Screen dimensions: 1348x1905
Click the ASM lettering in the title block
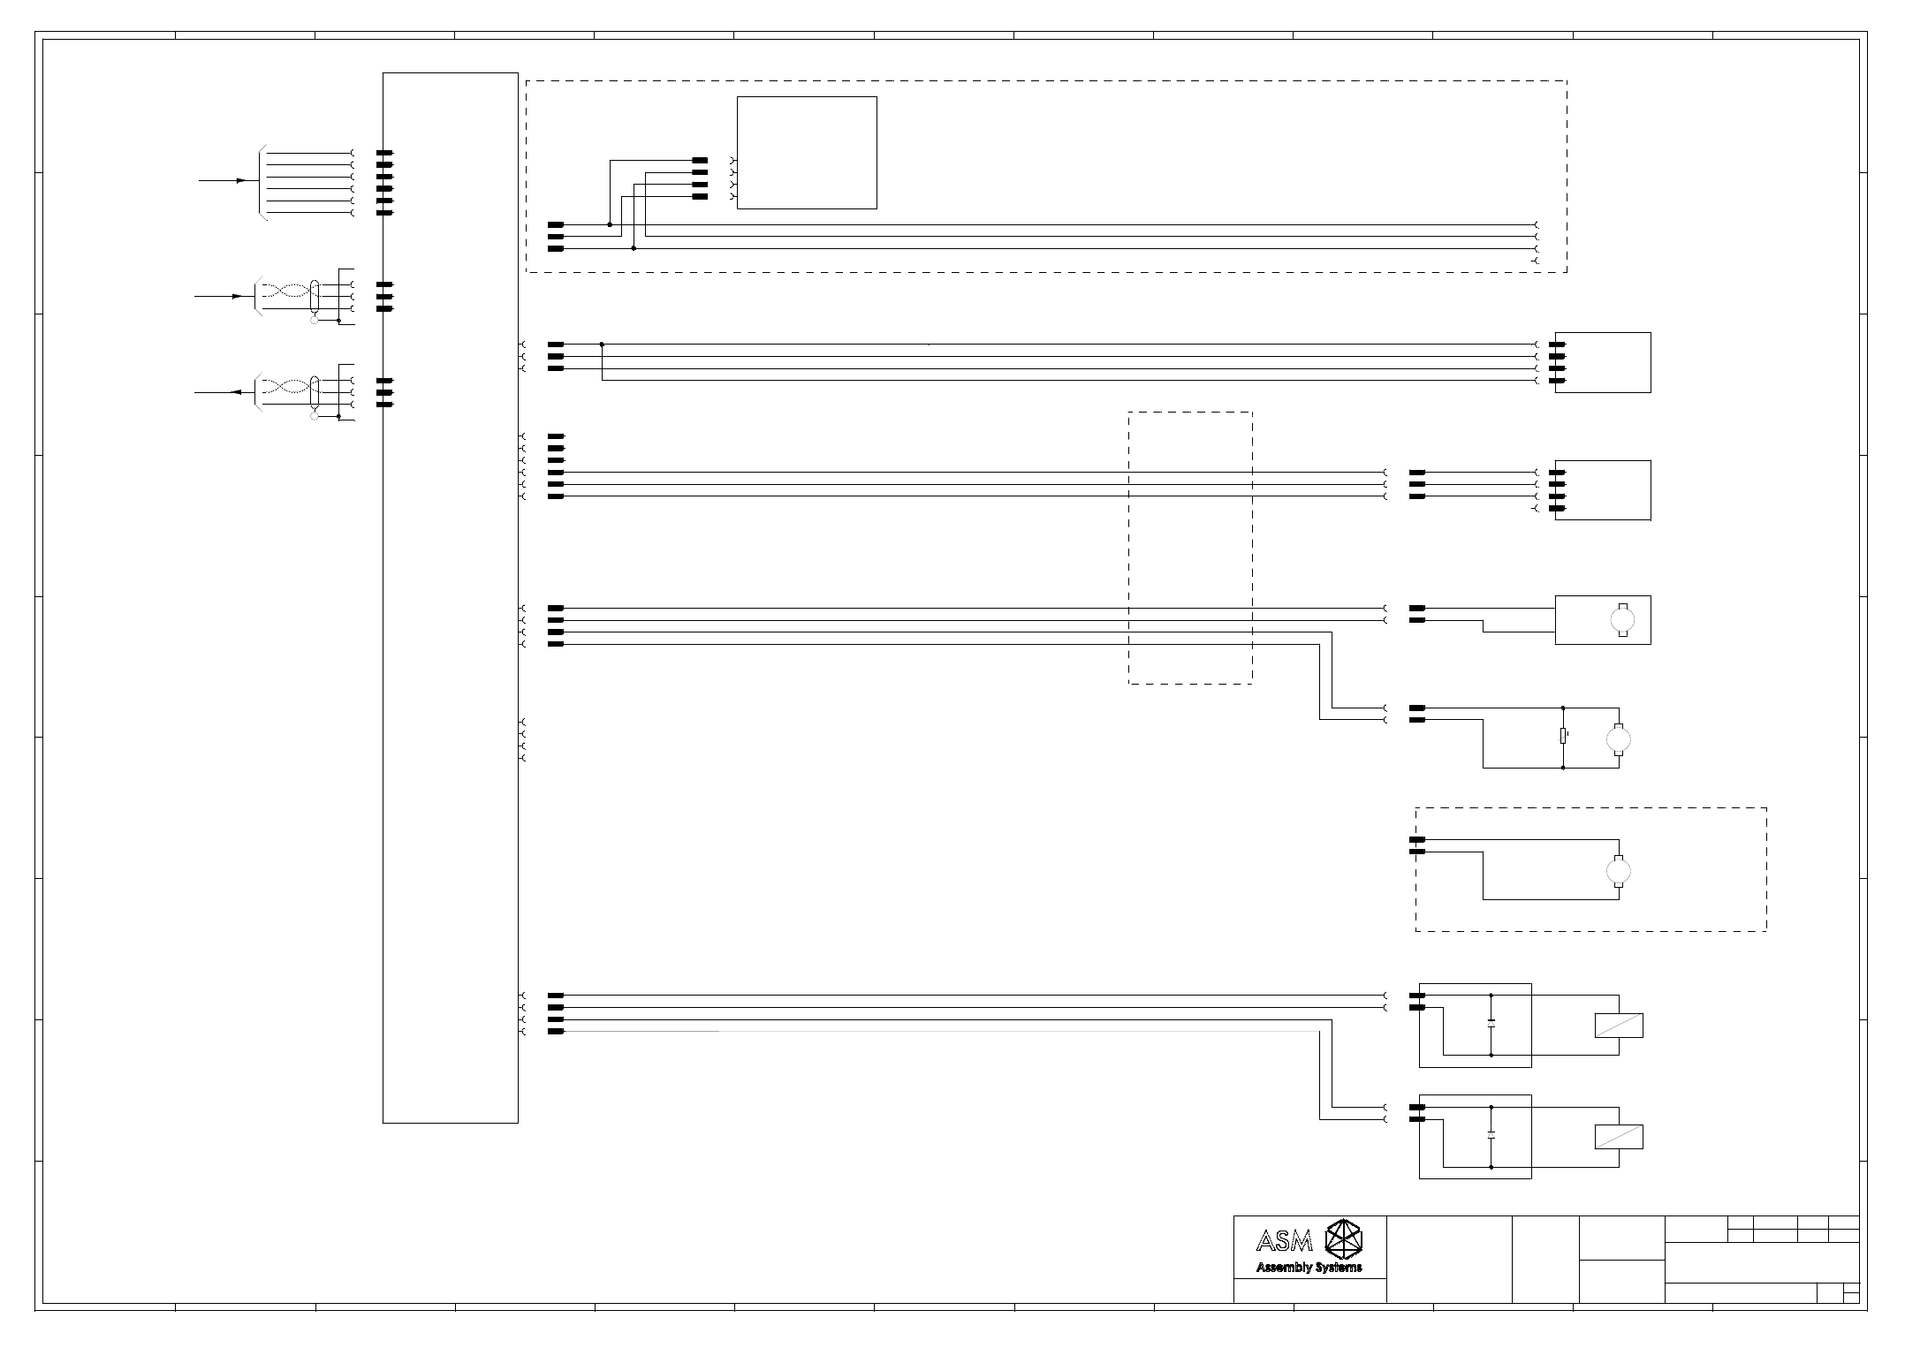coord(1284,1242)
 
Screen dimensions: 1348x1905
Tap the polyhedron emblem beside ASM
coord(1344,1239)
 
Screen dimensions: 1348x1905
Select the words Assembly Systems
coord(1309,1268)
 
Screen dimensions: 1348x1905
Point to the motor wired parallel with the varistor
coord(1618,738)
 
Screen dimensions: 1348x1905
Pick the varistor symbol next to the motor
coord(1563,736)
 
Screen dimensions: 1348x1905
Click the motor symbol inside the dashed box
coord(1618,871)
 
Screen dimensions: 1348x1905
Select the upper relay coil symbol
coord(1619,1026)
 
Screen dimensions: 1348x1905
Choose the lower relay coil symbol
coord(1619,1137)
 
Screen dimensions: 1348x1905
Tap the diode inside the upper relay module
coord(1491,1024)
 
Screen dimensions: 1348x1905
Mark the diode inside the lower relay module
coord(1491,1135)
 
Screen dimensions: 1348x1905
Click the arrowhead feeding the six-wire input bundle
coord(241,180)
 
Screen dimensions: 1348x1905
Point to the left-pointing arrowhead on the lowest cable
coord(236,392)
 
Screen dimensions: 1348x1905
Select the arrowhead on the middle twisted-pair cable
coord(238,296)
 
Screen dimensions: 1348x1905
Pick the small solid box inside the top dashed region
coord(807,153)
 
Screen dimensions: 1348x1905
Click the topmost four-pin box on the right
coord(1603,362)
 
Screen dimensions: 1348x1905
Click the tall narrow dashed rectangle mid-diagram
coord(1190,548)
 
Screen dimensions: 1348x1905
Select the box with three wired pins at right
coord(1603,490)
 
